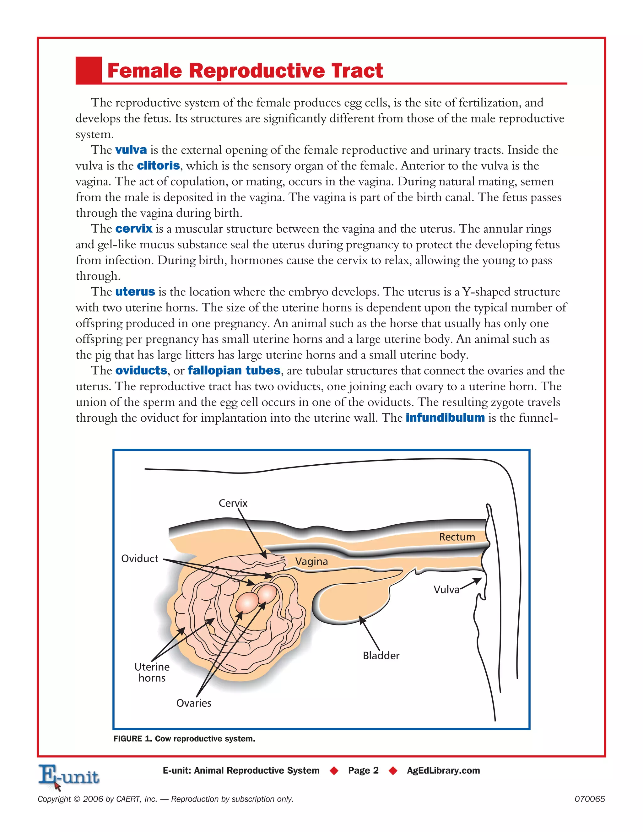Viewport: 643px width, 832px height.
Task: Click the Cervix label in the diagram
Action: tap(233, 503)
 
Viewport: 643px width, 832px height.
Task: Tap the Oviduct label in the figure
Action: tap(139, 559)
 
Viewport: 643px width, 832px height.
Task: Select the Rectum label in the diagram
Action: tap(457, 537)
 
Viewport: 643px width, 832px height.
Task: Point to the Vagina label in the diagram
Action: tap(311, 562)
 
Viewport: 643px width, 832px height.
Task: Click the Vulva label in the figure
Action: tap(446, 590)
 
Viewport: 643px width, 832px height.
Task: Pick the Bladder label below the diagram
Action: tap(381, 656)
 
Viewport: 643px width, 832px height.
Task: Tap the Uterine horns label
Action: tap(152, 673)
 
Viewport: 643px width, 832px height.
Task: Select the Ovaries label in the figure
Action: tap(193, 703)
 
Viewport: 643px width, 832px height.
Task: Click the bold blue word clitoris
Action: tap(158, 166)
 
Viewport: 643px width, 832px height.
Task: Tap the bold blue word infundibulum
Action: tap(445, 418)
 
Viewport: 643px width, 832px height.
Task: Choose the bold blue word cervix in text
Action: tap(134, 229)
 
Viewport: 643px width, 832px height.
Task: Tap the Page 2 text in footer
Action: tap(363, 771)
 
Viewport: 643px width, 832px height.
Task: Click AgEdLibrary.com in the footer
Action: tap(443, 771)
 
